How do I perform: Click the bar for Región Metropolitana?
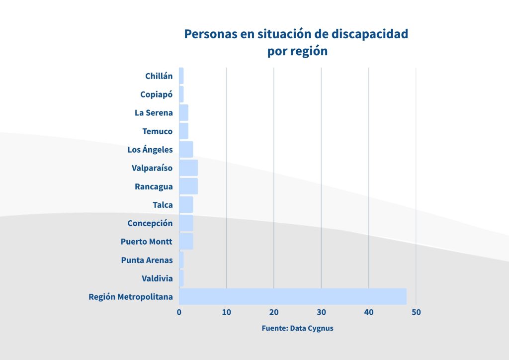click(292, 296)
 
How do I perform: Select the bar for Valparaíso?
click(188, 168)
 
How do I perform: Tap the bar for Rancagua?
click(188, 186)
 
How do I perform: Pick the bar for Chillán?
click(181, 76)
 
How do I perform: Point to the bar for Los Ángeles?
click(186, 150)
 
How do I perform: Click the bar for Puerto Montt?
click(186, 242)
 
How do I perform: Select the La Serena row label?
click(154, 113)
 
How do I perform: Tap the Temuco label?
click(157, 131)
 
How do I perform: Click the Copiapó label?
click(156, 94)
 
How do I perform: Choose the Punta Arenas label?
click(147, 260)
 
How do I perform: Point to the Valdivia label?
click(157, 278)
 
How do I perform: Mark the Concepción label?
click(150, 223)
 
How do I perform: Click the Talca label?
click(163, 205)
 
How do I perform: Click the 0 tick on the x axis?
click(179, 312)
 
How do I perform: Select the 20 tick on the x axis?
click(274, 312)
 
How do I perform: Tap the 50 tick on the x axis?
click(416, 312)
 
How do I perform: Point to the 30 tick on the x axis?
click(321, 312)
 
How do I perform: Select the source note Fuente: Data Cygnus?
click(297, 329)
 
